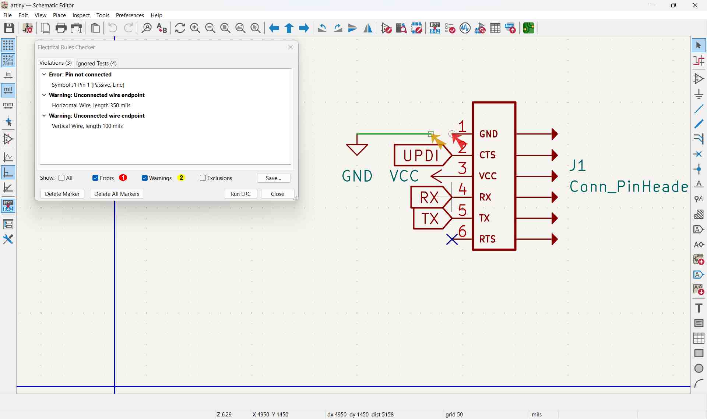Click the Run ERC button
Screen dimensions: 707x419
(x=240, y=194)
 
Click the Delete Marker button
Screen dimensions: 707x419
(x=62, y=194)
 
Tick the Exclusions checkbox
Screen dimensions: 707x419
(x=203, y=178)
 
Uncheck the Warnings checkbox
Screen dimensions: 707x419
(x=145, y=178)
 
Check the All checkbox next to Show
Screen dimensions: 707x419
(x=61, y=178)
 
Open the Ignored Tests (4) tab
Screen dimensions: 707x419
(x=96, y=63)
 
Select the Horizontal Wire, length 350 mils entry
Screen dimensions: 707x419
(x=91, y=105)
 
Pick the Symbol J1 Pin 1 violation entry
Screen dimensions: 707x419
(x=88, y=85)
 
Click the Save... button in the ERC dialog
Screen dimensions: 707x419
(x=274, y=178)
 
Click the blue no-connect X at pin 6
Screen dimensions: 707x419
(x=452, y=240)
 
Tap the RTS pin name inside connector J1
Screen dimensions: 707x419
(x=488, y=239)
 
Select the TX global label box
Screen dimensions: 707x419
(x=432, y=219)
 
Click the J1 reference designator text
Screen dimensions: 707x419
(x=578, y=166)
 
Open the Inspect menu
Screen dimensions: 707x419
(x=81, y=15)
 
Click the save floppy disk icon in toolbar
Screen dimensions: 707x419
(x=9, y=28)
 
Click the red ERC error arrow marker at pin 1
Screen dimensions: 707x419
(x=459, y=141)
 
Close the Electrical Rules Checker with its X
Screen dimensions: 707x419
(x=291, y=47)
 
